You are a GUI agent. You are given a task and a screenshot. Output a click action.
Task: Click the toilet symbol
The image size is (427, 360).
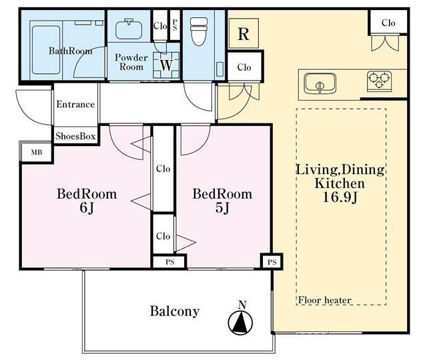[x=199, y=31]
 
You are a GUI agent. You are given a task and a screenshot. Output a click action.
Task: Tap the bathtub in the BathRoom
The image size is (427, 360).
[x=46, y=50]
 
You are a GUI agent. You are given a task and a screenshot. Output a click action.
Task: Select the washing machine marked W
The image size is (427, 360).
[x=166, y=65]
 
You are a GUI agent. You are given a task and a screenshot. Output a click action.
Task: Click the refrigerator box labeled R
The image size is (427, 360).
[x=244, y=34]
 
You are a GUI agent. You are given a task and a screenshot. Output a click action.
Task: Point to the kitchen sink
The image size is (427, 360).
[x=320, y=83]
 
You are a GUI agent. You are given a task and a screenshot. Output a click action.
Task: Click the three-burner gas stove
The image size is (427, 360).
[x=379, y=81]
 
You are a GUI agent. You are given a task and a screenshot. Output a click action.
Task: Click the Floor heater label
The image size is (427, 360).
[x=325, y=300]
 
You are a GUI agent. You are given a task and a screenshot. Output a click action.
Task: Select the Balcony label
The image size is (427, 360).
[x=175, y=311]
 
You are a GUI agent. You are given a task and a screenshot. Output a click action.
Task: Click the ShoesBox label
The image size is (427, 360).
[x=75, y=136]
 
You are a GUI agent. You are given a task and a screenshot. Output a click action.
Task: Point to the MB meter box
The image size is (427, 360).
[x=37, y=153]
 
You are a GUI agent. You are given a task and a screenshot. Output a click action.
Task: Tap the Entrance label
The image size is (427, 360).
[x=75, y=105]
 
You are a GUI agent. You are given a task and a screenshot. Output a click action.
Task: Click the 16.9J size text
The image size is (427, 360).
[x=340, y=197]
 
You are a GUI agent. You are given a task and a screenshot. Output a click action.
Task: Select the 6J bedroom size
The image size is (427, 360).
[x=87, y=208]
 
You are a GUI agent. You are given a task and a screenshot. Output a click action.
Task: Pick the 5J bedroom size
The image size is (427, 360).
[x=222, y=208]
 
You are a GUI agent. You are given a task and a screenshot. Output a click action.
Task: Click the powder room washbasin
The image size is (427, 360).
[x=129, y=29]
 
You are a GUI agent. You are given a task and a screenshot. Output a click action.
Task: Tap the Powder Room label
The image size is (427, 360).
[x=131, y=62]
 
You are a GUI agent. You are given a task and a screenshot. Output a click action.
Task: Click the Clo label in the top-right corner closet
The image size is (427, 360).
[x=388, y=23]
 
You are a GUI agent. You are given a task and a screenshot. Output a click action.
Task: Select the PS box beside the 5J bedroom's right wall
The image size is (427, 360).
[x=272, y=262]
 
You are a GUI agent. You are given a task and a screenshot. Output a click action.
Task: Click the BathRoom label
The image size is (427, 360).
[x=70, y=51]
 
